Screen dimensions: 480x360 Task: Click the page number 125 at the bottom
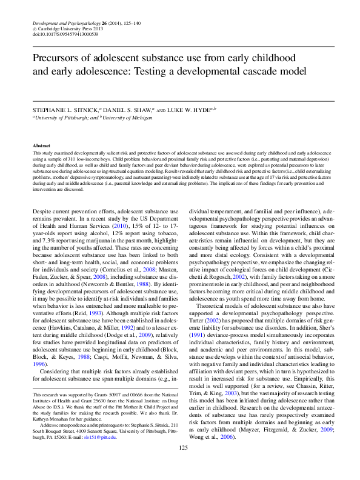click(180, 465)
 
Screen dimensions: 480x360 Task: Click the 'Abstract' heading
click(41, 146)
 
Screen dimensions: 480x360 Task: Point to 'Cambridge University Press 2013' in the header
click(65, 28)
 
